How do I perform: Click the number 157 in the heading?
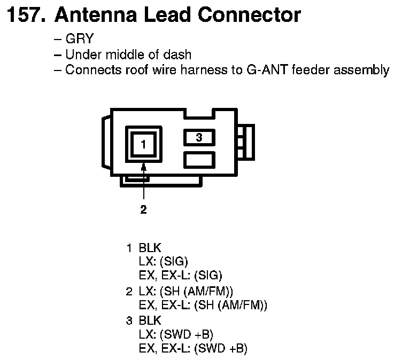23,15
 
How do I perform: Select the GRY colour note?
79,40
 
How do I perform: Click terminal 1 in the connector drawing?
143,143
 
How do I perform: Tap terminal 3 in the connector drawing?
199,138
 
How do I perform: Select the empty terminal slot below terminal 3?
199,159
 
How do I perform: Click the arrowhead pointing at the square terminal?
143,168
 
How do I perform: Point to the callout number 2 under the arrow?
143,209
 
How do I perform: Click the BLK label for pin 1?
150,248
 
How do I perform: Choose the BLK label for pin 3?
150,320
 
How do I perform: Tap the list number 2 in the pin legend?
129,291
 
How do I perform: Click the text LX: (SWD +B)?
176,335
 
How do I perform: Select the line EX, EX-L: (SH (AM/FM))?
203,306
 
